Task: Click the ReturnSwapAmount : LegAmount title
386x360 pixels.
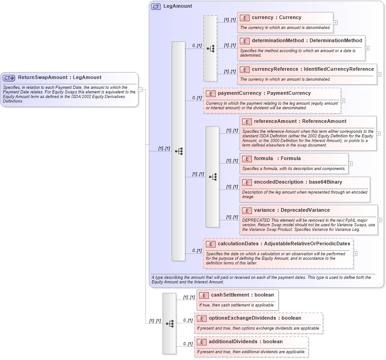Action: (60, 78)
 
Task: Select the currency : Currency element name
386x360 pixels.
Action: (276, 18)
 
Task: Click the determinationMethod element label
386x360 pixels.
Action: (307, 41)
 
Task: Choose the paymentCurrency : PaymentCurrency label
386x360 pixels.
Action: (264, 93)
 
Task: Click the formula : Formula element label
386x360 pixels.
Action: (277, 159)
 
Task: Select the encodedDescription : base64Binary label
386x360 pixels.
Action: (298, 182)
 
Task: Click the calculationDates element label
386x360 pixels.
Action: (284, 244)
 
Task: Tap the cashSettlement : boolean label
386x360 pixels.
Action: (242, 295)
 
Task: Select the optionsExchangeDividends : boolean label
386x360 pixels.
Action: (255, 318)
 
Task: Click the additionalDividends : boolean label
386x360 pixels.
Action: (246, 342)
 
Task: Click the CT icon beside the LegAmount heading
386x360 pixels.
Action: (156, 6)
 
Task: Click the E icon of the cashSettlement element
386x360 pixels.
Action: (204, 295)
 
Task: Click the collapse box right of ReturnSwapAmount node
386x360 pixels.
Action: (140, 90)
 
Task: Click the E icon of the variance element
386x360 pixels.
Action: (247, 210)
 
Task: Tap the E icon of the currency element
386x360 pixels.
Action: (245, 18)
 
